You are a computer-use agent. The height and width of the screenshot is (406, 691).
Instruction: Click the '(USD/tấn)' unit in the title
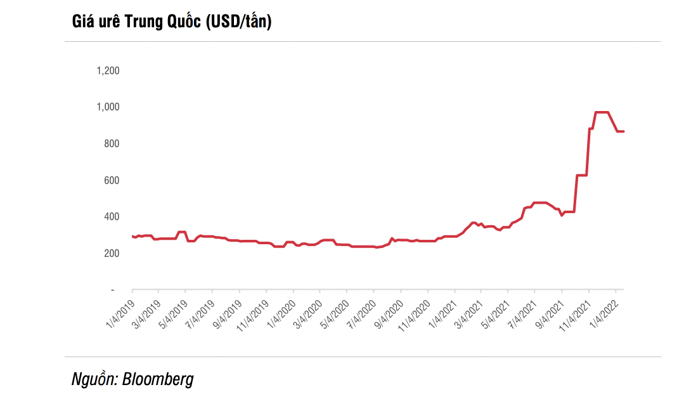(x=238, y=22)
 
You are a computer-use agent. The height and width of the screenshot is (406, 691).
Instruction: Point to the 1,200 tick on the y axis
(x=108, y=70)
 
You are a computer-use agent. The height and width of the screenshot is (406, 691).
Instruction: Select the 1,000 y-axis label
(x=108, y=107)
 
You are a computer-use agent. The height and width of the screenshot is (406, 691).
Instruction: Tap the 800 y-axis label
(x=112, y=143)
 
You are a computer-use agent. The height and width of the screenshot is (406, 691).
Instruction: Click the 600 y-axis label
(x=112, y=180)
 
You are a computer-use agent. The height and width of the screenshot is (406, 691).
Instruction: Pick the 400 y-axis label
(x=112, y=216)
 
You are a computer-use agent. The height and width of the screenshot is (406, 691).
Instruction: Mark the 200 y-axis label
(x=112, y=253)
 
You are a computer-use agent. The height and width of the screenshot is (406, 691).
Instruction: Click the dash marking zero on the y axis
(x=113, y=290)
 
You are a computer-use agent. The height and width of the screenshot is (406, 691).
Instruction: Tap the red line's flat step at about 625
(x=581, y=175)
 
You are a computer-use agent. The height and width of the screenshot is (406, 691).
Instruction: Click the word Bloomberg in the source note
(x=158, y=380)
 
